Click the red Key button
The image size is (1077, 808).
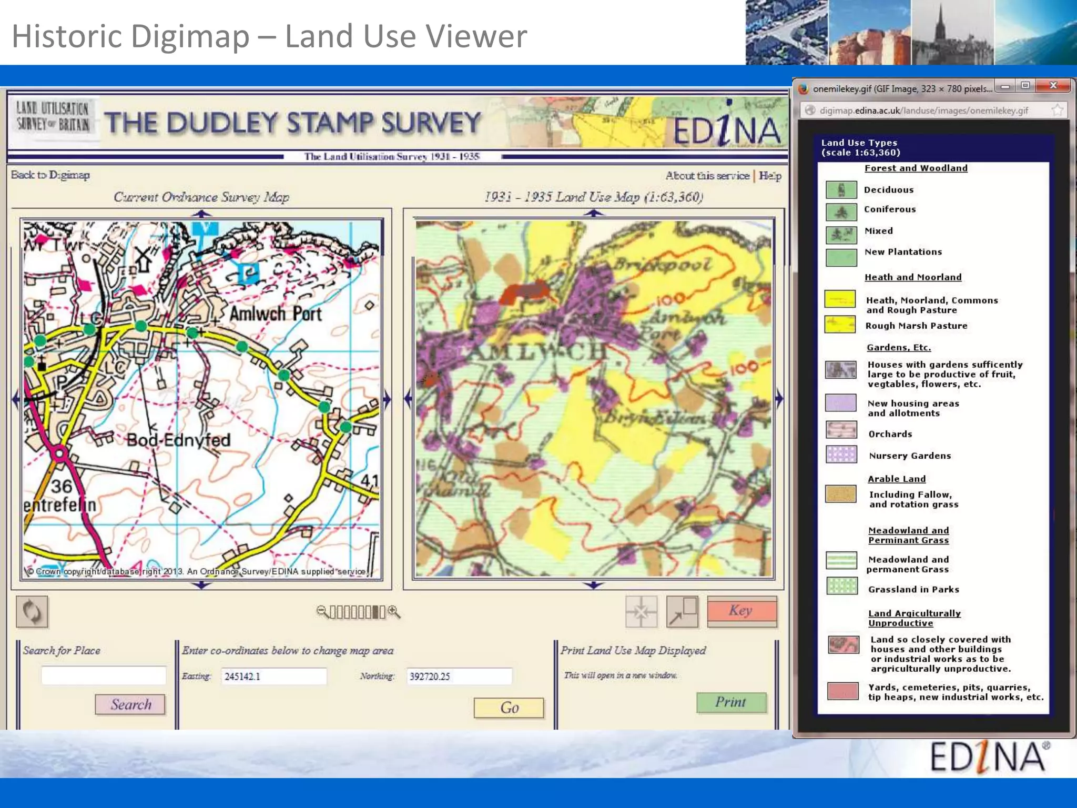(741, 611)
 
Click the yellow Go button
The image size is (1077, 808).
(509, 708)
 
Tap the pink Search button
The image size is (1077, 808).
(130, 704)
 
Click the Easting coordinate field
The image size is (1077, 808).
(273, 676)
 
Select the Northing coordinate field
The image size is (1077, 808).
(459, 676)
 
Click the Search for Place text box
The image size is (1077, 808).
(104, 675)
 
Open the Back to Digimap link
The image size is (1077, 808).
(50, 175)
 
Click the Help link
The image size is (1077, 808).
(770, 176)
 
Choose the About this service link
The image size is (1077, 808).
(707, 176)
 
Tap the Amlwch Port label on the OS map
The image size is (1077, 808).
(276, 314)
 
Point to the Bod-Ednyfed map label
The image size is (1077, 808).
(178, 440)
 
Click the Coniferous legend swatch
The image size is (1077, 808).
(841, 211)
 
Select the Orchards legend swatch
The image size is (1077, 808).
(841, 430)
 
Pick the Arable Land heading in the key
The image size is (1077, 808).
(897, 479)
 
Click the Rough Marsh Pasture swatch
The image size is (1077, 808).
(840, 325)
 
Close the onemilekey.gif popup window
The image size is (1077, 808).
(1053, 85)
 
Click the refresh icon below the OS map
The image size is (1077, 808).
(32, 612)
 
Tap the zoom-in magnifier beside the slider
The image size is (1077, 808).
(394, 612)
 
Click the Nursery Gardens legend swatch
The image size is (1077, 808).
(841, 454)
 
